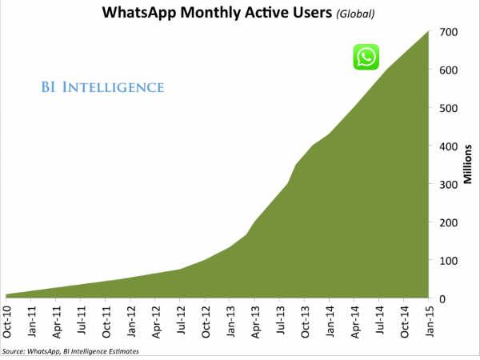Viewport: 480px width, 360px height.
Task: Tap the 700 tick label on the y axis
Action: coord(448,32)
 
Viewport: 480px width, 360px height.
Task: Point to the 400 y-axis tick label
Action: coord(448,146)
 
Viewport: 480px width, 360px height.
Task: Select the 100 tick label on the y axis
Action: coord(448,261)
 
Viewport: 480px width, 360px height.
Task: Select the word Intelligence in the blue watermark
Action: coord(116,86)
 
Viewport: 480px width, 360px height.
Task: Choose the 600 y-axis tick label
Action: coord(448,70)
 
